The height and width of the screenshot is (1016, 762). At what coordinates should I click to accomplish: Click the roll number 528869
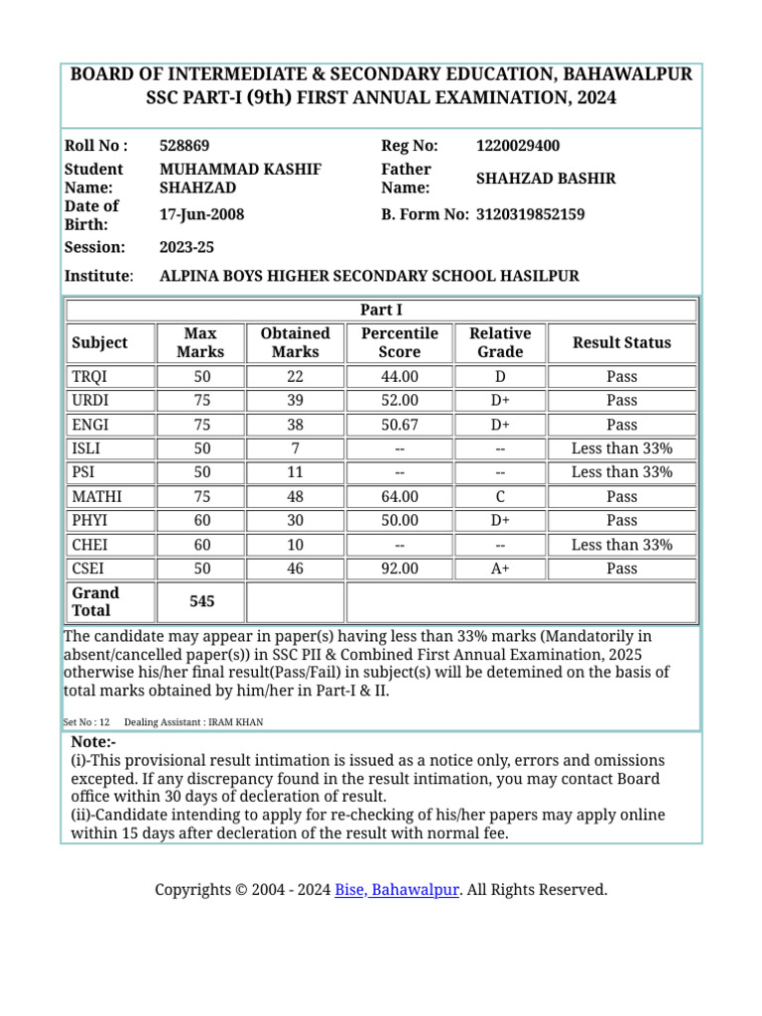tap(185, 146)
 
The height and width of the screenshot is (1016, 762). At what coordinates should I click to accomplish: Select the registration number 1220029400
tap(517, 146)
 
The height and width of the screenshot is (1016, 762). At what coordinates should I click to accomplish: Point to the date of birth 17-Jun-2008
tap(201, 214)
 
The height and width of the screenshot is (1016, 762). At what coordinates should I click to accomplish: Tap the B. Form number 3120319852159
tap(530, 214)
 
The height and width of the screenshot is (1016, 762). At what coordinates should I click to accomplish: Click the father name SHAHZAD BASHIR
tap(546, 179)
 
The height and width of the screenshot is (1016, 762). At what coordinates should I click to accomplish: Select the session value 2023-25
tap(187, 247)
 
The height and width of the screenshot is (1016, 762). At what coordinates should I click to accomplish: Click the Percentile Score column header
tap(399, 342)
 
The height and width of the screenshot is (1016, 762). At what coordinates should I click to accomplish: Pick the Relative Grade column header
tap(500, 342)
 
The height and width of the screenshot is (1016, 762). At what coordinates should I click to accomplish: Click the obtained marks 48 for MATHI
tap(295, 496)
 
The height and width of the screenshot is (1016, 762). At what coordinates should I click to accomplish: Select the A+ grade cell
tap(500, 569)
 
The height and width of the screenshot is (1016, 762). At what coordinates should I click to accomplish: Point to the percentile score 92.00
tap(399, 569)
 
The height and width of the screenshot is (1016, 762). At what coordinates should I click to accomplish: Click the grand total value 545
tap(200, 601)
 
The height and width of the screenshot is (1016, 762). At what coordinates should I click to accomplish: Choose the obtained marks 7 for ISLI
tap(295, 448)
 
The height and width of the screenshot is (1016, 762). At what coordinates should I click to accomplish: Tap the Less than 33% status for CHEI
tap(621, 545)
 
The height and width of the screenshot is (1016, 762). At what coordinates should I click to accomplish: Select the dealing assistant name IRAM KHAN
tap(236, 722)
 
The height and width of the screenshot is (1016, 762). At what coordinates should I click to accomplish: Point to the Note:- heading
tap(94, 743)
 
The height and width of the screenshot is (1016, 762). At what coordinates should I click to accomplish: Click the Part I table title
tap(382, 310)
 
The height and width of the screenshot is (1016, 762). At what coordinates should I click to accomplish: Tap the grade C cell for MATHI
tap(500, 496)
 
